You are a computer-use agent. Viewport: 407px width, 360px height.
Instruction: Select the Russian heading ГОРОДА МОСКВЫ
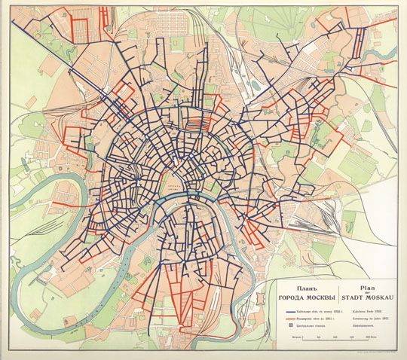(306, 296)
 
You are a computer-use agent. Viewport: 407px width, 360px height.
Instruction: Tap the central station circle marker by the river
(193, 197)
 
